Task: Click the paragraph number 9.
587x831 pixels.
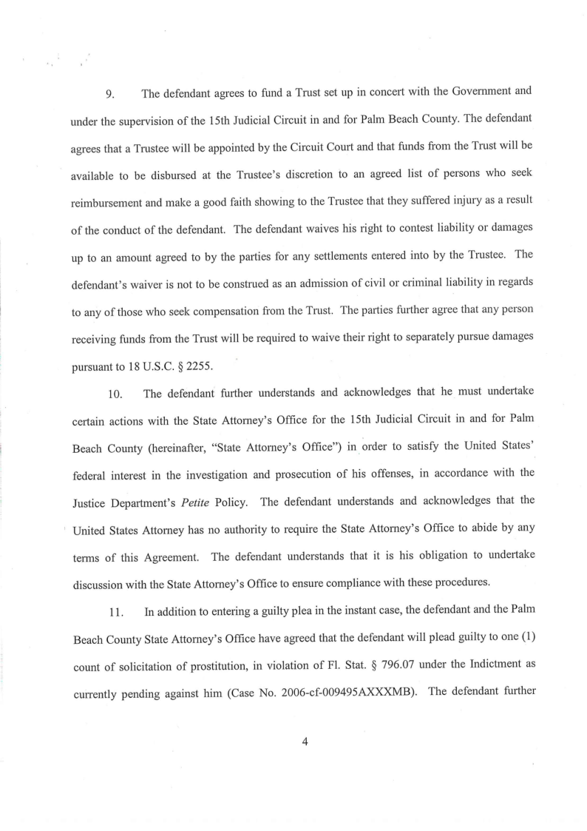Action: pos(108,95)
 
